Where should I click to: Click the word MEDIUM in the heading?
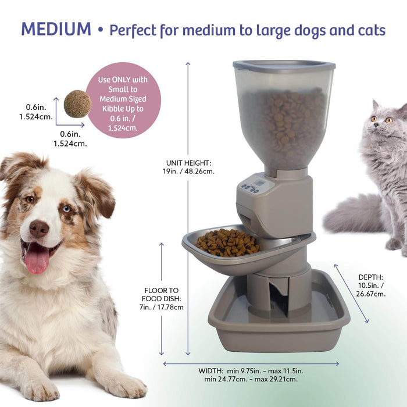[56, 28]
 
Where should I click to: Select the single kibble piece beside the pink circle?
[77, 104]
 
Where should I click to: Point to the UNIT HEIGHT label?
[190, 167]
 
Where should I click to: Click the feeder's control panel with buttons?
[254, 187]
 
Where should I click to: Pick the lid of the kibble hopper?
[284, 66]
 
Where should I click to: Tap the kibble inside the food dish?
[227, 241]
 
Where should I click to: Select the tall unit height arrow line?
[188, 209]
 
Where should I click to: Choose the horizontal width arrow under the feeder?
[251, 364]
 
